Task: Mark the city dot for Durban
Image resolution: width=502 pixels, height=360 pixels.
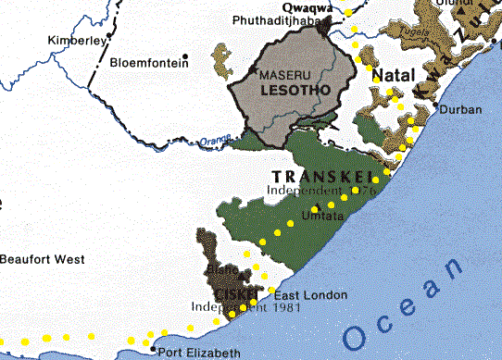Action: pos(436,108)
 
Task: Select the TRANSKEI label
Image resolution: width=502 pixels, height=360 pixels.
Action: pos(320,176)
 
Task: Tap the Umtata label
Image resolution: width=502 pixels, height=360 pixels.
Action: pos(322,216)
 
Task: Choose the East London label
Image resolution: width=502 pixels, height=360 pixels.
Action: pos(311,295)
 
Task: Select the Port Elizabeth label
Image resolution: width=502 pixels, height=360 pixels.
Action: pos(200,353)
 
